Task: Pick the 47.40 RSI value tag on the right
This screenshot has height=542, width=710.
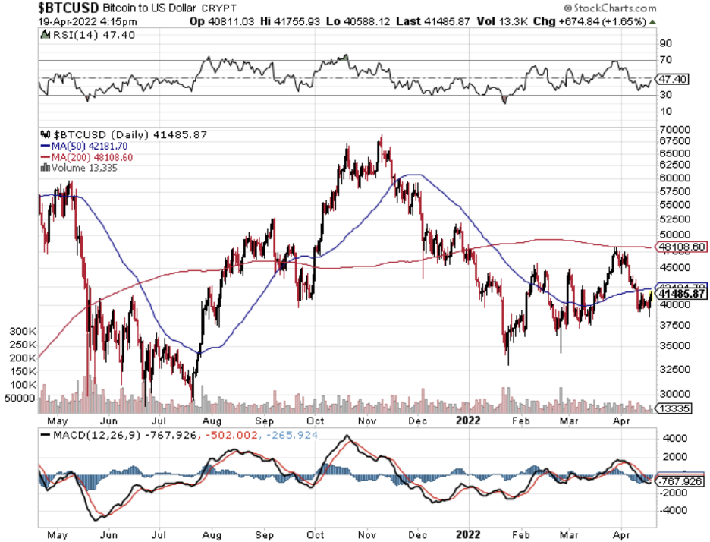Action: point(673,79)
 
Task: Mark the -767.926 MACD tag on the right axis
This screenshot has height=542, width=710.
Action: point(681,481)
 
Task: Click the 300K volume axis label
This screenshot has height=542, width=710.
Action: point(22,332)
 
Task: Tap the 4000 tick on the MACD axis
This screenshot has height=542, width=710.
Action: point(671,438)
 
